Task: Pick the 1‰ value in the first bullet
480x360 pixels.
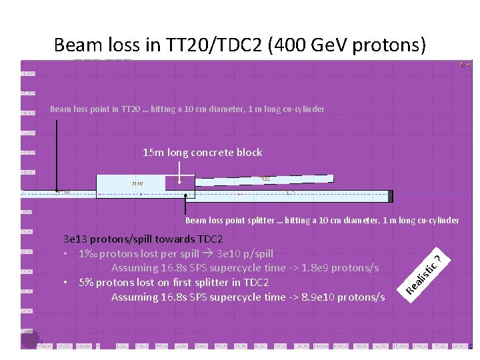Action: coord(86,254)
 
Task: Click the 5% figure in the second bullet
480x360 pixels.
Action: coord(86,283)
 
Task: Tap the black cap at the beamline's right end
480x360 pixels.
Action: coord(390,196)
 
